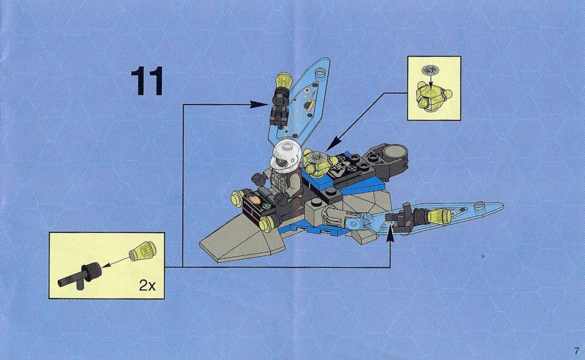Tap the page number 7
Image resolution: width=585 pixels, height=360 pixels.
[576, 351]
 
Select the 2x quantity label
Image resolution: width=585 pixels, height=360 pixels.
[147, 285]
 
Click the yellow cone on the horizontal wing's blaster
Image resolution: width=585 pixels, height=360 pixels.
[439, 217]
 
